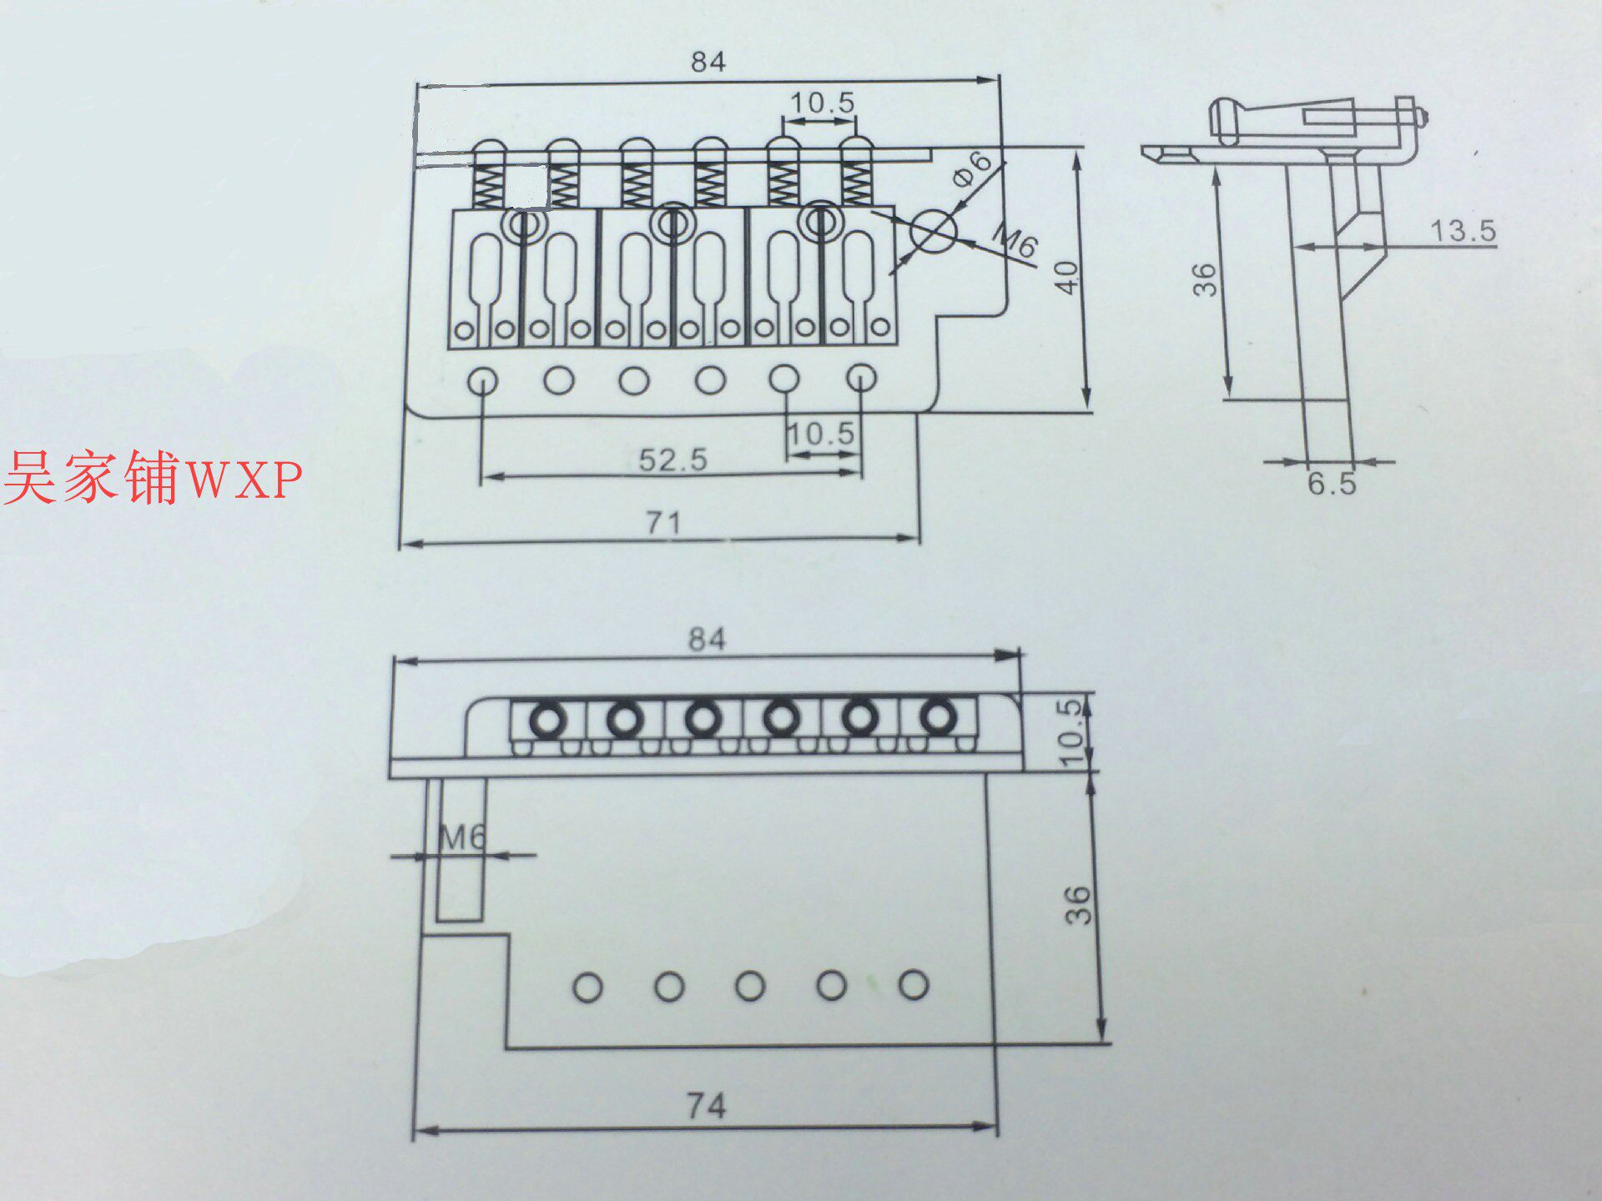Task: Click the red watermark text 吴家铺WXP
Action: click(153, 477)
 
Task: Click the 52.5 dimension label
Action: click(673, 460)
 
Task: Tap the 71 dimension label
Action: click(664, 523)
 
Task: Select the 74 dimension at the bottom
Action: click(706, 1107)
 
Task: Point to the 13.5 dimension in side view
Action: click(1463, 231)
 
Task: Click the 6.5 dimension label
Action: click(1331, 484)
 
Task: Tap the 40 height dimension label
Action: click(1067, 277)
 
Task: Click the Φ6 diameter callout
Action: click(972, 168)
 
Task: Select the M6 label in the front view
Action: click(461, 837)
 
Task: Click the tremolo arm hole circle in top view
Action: click(934, 231)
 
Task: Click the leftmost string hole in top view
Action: click(483, 382)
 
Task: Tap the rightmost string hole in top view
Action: click(861, 378)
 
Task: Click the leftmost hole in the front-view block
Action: click(587, 987)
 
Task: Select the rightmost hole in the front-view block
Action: click(914, 985)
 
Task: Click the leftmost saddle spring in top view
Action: click(487, 185)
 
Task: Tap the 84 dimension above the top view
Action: click(708, 62)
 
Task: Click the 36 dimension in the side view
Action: click(1204, 279)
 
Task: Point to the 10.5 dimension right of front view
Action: click(1071, 732)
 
